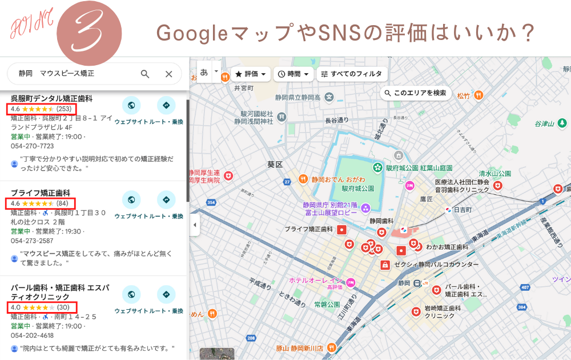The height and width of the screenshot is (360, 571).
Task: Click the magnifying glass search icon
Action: point(145,74)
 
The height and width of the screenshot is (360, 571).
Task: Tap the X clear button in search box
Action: point(168,74)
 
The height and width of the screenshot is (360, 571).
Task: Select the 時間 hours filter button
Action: point(294,74)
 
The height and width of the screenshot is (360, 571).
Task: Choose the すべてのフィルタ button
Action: point(352,74)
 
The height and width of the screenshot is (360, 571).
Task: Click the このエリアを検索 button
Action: point(415,93)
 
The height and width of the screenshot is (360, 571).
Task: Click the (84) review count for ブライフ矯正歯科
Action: point(62,203)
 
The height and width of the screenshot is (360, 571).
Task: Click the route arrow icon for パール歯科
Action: point(166,295)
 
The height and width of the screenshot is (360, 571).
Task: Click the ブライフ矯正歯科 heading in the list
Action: point(40,193)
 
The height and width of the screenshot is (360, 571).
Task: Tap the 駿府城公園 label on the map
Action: point(358,188)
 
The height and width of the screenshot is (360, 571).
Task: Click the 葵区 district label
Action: point(275,165)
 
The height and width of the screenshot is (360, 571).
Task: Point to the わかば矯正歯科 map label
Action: point(447,247)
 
